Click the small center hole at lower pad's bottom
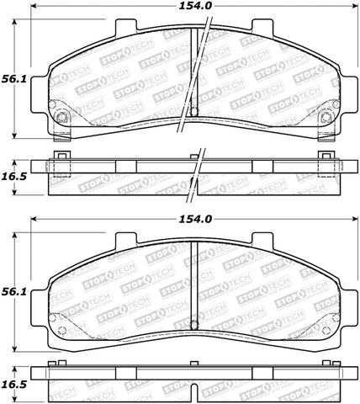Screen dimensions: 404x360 coord(193,321)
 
